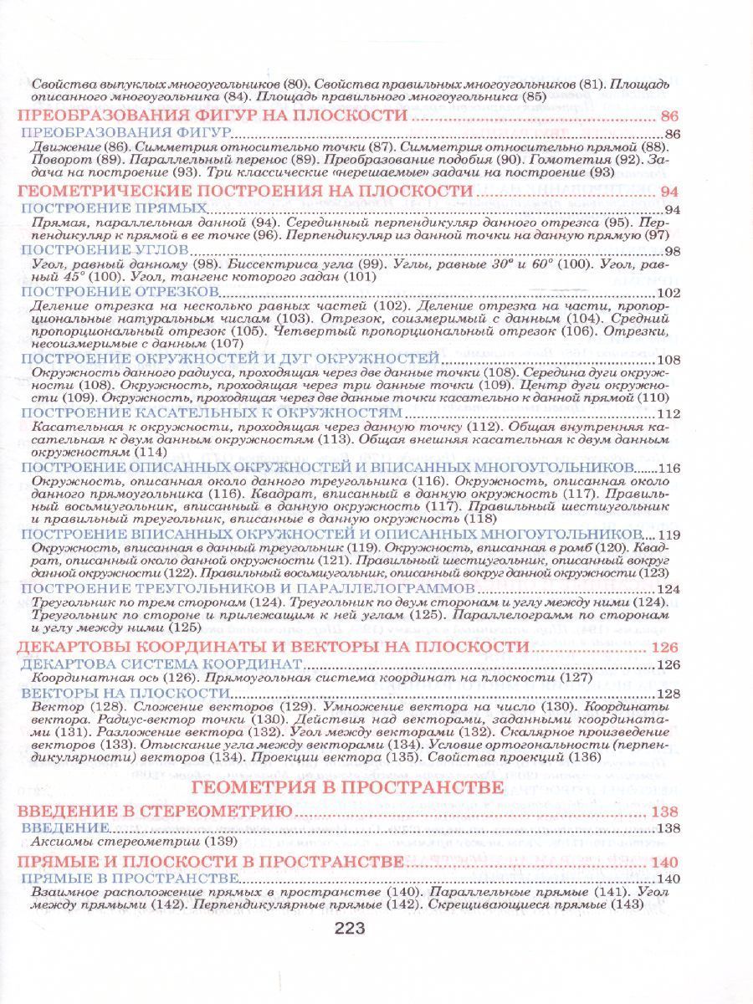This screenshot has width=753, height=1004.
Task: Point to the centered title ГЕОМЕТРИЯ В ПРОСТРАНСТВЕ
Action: point(348,787)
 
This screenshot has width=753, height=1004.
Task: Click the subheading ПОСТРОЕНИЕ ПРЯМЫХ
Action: point(114,207)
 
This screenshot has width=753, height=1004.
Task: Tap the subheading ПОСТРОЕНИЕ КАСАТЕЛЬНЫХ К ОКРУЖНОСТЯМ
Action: point(211,413)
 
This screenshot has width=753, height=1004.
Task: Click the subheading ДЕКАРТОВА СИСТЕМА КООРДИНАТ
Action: point(160,663)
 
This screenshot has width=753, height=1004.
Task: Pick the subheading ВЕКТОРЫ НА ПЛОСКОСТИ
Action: point(125,694)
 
